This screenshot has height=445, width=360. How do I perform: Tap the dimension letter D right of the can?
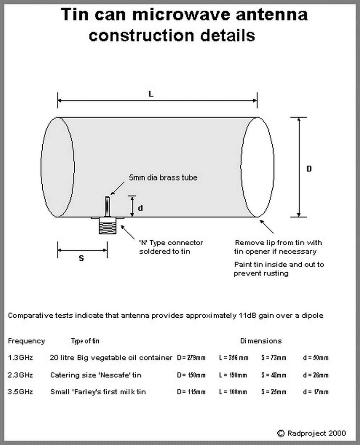point(309,169)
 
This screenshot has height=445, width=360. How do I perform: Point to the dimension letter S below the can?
point(81,258)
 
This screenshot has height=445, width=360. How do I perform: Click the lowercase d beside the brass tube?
point(140,207)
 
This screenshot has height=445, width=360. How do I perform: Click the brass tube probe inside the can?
point(107,206)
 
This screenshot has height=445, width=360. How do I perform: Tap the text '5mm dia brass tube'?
point(163,177)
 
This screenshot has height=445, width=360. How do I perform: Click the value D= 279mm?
point(191,358)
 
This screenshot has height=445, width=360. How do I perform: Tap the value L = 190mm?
point(233,375)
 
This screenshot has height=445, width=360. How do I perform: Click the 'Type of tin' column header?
point(85,341)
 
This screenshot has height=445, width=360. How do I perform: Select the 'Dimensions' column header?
point(261,341)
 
